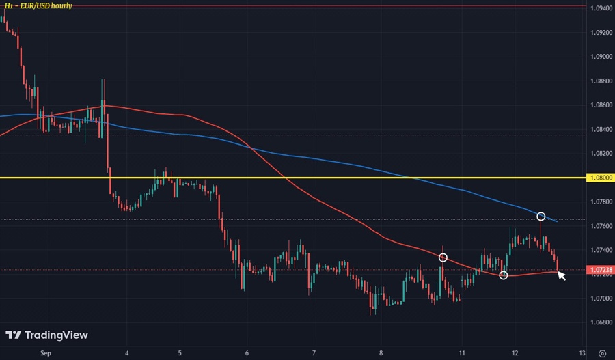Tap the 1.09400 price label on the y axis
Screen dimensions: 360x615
point(601,8)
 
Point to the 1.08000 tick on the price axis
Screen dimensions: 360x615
point(601,178)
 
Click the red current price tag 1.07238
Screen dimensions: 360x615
point(601,270)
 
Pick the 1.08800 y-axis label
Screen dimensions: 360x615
point(601,81)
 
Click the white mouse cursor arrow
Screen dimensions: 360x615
point(561,275)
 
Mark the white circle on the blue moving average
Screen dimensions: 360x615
point(541,217)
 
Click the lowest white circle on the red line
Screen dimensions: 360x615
point(504,275)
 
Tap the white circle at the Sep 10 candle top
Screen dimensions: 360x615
point(443,258)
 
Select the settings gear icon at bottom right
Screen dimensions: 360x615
point(601,354)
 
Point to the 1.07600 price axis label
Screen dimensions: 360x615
point(601,226)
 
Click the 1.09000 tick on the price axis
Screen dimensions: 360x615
point(601,57)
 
